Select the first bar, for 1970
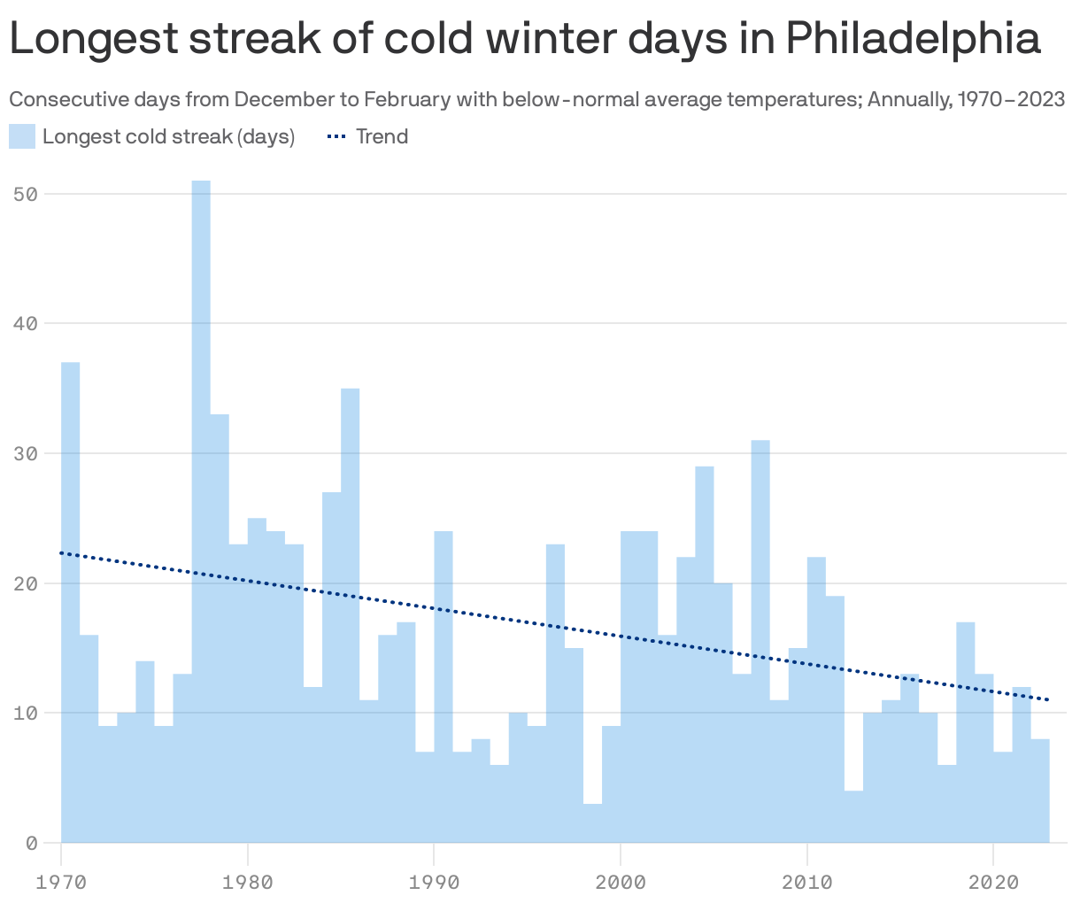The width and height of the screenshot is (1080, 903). [x=71, y=602]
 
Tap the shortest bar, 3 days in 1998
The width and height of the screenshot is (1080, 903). [x=592, y=823]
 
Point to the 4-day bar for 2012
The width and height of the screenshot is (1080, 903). [x=853, y=816]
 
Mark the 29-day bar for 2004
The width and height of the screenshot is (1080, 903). [x=705, y=654]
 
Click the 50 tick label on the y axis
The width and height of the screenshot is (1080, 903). [x=26, y=194]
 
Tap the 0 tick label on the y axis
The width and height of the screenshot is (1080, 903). [x=32, y=844]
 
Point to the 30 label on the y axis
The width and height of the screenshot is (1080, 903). [x=26, y=453]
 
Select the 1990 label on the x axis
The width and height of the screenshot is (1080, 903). [x=434, y=883]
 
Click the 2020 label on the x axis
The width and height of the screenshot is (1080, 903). [x=993, y=883]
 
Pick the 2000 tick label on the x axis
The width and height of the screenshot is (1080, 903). [x=621, y=883]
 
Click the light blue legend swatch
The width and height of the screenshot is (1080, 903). [x=22, y=136]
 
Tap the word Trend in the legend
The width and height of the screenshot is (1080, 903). [x=382, y=136]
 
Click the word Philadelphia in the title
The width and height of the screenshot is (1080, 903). [x=913, y=40]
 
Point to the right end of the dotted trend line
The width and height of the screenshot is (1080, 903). [x=1048, y=699]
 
